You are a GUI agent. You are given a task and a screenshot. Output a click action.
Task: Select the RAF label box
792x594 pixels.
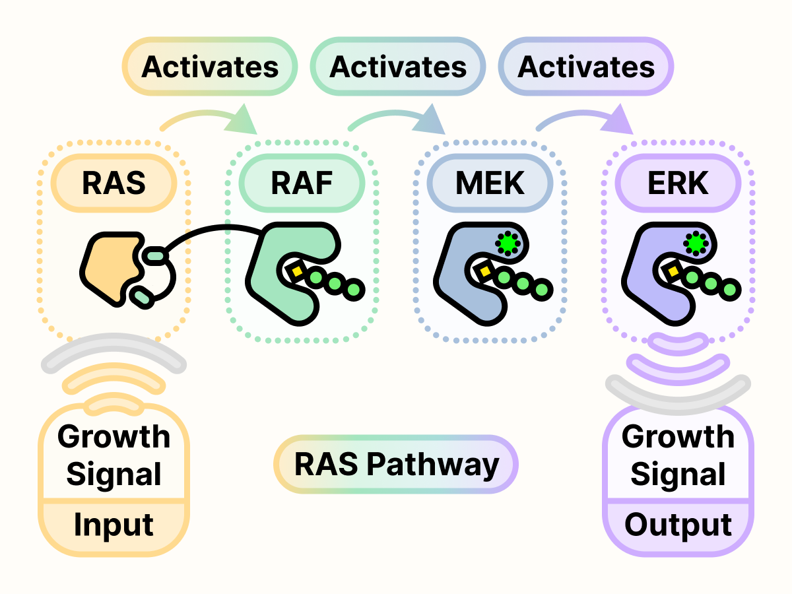302,183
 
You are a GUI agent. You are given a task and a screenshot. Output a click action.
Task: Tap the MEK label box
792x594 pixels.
490,183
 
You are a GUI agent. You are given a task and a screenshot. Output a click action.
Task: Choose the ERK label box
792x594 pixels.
678,183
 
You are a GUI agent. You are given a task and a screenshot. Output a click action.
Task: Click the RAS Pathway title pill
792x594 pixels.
396,464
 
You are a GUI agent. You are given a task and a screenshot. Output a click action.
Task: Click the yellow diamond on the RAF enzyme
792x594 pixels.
296,271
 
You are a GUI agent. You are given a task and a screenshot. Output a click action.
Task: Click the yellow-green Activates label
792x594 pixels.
210,67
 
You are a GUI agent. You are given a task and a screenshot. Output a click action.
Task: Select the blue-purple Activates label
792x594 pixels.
586,67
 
